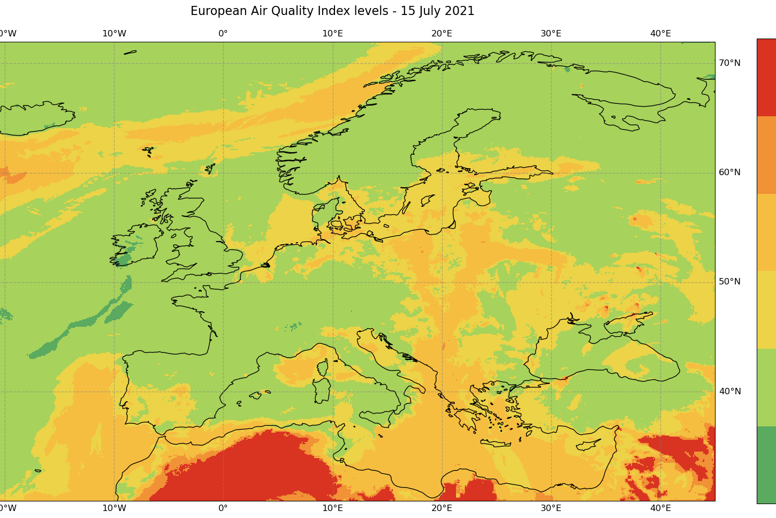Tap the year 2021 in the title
pyautogui.click(x=460, y=11)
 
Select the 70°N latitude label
pyautogui.click(x=729, y=63)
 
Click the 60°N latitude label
pyautogui.click(x=729, y=172)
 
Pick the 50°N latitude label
pyautogui.click(x=729, y=282)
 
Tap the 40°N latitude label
pyautogui.click(x=729, y=392)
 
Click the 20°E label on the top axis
pyautogui.click(x=442, y=34)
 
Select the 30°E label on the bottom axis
pyautogui.click(x=551, y=508)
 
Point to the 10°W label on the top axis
pyautogui.click(x=114, y=34)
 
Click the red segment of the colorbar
pyautogui.click(x=766, y=78)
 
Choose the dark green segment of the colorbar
pyautogui.click(x=766, y=465)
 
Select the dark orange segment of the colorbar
pyautogui.click(x=766, y=155)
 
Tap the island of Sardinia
pyautogui.click(x=322, y=391)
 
